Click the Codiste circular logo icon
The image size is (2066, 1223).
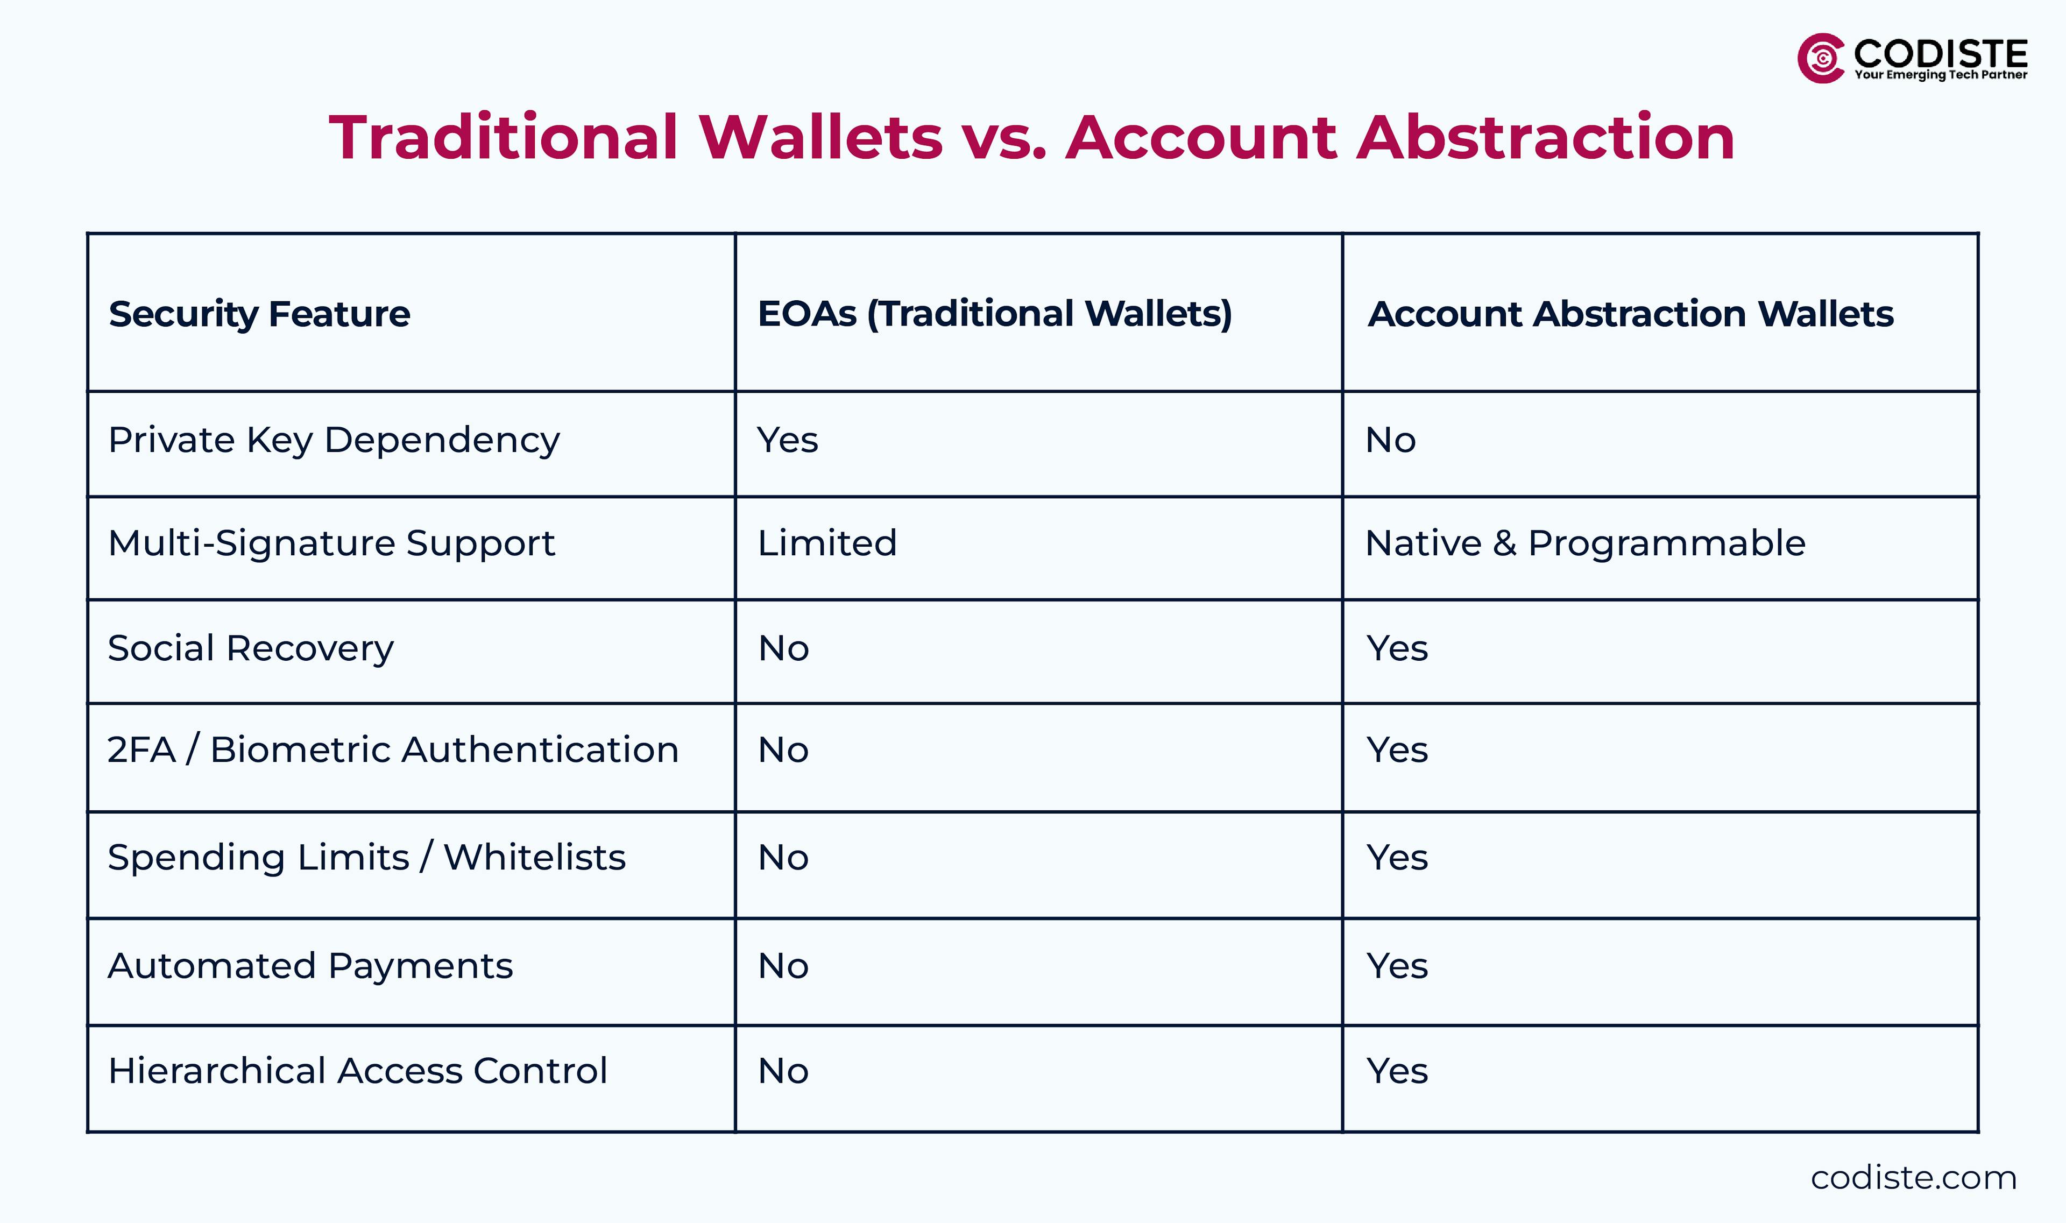tap(1821, 59)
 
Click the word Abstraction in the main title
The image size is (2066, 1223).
tap(1545, 138)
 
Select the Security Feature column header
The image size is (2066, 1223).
tap(259, 314)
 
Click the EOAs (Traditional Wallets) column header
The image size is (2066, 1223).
tap(994, 314)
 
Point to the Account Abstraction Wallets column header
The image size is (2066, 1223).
tap(1630, 314)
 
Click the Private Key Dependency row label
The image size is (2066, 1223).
tap(334, 441)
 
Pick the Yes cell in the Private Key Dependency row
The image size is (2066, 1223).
tap(787, 441)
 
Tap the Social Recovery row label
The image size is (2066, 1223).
tap(251, 648)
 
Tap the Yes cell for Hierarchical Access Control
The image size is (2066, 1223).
tap(1397, 1071)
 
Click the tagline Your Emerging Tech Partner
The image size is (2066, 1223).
tap(1940, 75)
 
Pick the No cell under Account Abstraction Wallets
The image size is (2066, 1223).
tap(1390, 441)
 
